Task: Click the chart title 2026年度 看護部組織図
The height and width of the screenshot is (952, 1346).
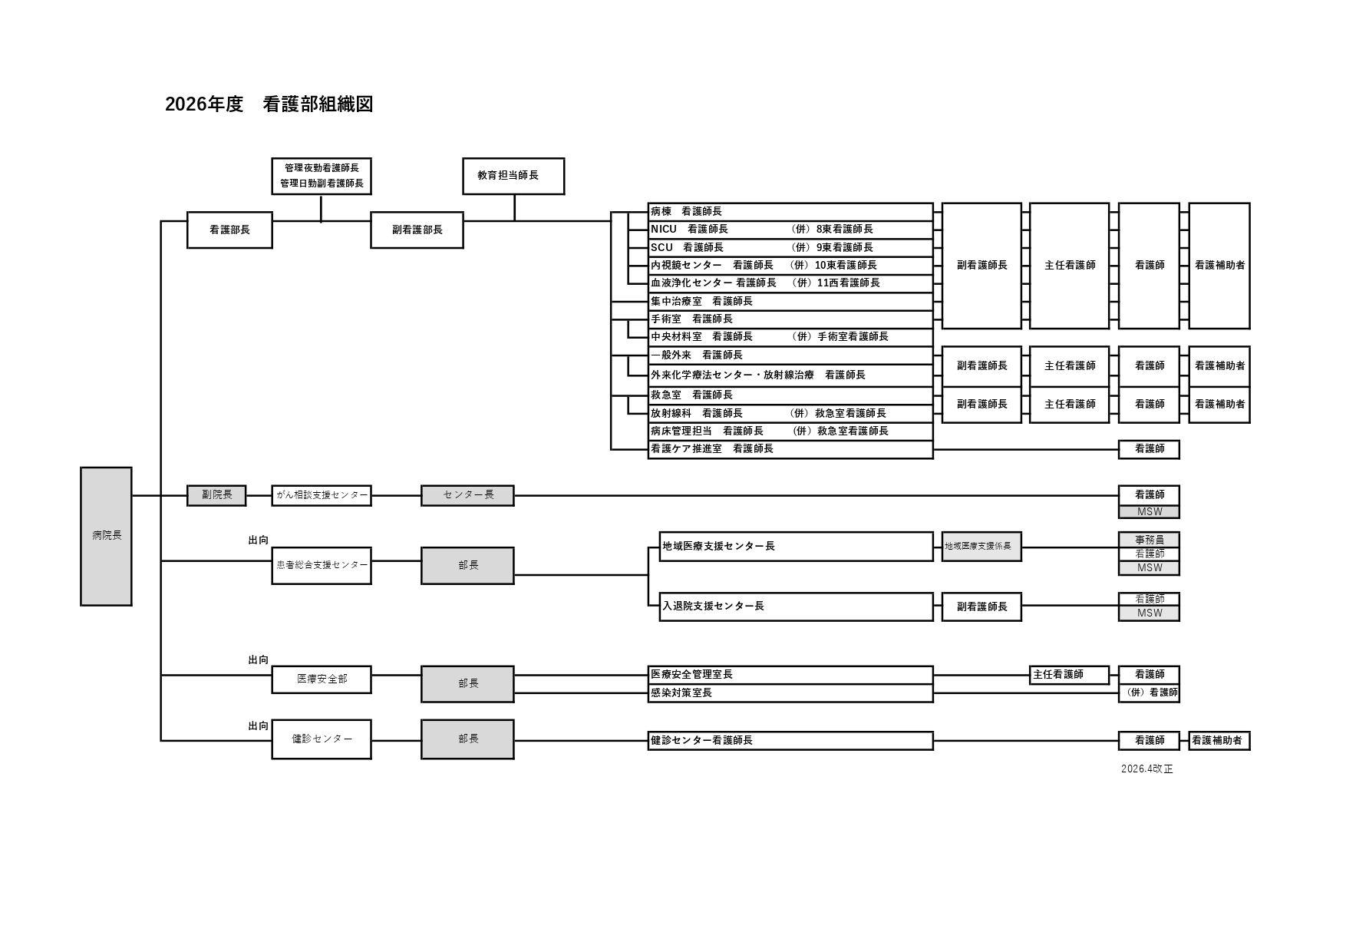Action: point(269,104)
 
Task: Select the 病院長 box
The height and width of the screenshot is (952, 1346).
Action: point(106,536)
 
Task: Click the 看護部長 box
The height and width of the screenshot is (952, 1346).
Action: point(229,230)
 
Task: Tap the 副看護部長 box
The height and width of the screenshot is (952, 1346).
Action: point(417,230)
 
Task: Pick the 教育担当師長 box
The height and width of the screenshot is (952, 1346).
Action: point(513,176)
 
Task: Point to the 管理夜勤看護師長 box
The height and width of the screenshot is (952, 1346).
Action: point(322,176)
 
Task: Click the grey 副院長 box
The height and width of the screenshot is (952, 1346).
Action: point(216,495)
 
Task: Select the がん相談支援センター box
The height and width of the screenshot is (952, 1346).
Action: point(322,495)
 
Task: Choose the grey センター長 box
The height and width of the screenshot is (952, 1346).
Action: point(467,495)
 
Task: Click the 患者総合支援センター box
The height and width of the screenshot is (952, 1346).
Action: point(322,565)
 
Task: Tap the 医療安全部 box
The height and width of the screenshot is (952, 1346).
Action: point(322,679)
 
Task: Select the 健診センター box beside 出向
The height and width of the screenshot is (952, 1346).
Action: point(322,739)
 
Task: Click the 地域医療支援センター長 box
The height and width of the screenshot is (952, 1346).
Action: point(796,546)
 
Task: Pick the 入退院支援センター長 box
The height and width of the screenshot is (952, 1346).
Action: point(796,606)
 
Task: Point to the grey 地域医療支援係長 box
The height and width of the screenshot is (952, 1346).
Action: point(981,546)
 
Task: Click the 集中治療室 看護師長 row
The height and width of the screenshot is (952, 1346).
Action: point(790,301)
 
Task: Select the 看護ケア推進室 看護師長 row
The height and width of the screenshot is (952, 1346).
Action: point(790,449)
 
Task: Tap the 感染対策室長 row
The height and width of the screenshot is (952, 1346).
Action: point(790,693)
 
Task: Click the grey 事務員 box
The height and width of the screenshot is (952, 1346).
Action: point(1149,539)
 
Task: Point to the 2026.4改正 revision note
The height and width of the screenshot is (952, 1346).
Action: point(1146,769)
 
